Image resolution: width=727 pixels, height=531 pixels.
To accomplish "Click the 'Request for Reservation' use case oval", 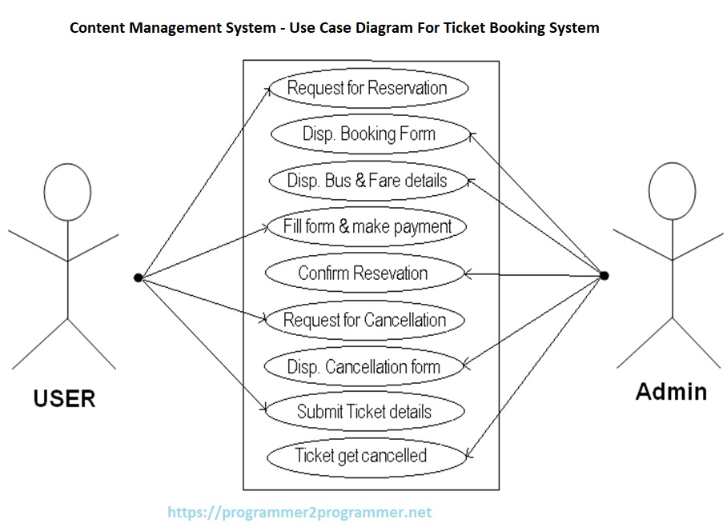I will pos(367,88).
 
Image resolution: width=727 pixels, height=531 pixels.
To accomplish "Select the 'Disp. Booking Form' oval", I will pos(368,134).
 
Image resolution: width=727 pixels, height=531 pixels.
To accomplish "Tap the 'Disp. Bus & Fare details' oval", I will pos(367,180).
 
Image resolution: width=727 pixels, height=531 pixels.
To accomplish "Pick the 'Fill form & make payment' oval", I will pos(367,226).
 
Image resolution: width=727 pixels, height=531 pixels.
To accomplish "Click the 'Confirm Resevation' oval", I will pos(363,273).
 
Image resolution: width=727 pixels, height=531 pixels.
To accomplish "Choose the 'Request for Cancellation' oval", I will pos(364,321).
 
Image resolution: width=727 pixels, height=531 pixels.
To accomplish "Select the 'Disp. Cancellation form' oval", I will pos(363,367).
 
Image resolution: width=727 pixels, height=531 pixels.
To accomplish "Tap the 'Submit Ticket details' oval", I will pos(363,412).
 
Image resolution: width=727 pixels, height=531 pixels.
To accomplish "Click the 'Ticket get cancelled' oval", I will pos(360,457).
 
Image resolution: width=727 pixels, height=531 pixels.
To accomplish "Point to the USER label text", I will pos(64,398).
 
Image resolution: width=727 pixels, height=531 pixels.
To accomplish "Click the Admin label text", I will pos(671,392).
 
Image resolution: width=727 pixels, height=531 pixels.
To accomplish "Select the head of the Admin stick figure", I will pos(672,192).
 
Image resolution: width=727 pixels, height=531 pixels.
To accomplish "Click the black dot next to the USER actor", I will pos(138,277).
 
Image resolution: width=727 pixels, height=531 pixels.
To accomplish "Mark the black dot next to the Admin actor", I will pos(604,275).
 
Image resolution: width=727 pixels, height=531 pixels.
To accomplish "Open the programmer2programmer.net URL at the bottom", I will pos(299,513).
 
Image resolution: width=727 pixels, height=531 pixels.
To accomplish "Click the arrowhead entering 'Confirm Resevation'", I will pos(469,274).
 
